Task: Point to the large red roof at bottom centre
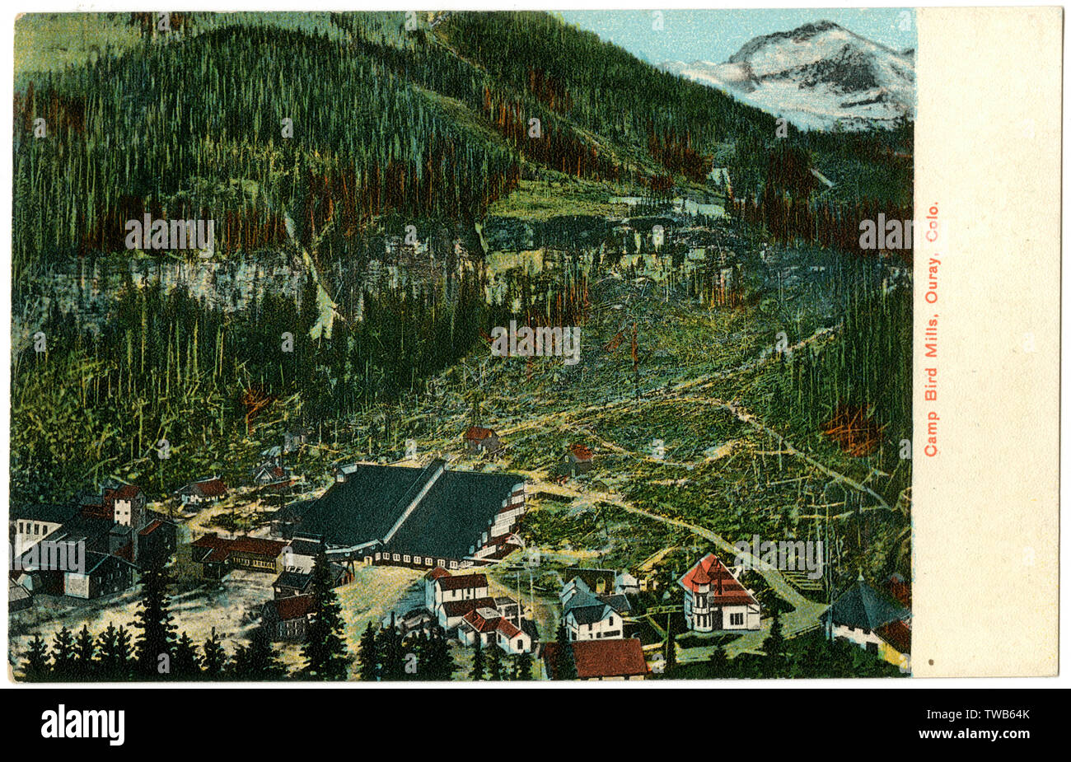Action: tap(608, 657)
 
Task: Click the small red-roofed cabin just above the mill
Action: tap(479, 437)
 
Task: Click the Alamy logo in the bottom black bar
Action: tap(82, 725)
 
